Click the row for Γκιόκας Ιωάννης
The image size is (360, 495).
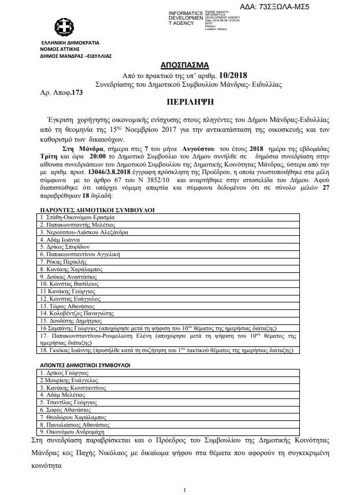click(168, 351)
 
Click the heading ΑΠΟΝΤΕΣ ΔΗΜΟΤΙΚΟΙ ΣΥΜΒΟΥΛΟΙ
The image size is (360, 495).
click(93, 365)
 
